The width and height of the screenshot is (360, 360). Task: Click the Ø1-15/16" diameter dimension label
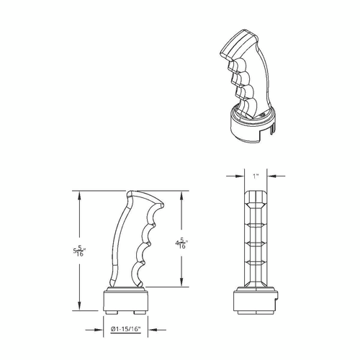click(125, 329)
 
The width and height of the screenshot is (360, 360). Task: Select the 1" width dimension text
click(256, 176)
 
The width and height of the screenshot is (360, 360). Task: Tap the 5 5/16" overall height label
click(79, 251)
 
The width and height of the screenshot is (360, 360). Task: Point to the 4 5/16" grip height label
click(181, 243)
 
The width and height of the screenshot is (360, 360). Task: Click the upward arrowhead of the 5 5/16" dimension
click(79, 195)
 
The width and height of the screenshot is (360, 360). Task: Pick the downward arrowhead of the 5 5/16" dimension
click(79, 306)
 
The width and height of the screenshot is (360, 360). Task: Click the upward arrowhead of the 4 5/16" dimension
click(181, 195)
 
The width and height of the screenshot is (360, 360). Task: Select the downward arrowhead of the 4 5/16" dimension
click(181, 282)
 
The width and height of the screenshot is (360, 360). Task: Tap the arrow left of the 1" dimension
click(235, 176)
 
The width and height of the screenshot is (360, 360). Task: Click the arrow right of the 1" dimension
click(276, 176)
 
